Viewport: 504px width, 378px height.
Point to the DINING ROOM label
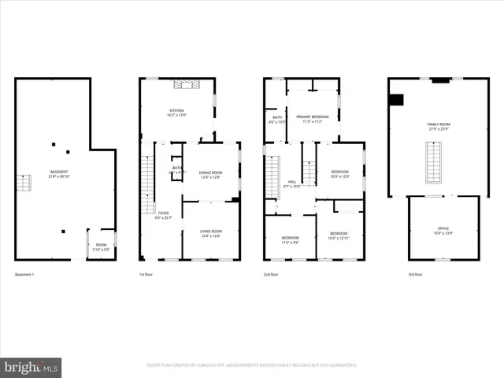pos(210,174)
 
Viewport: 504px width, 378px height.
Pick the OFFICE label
pos(443,230)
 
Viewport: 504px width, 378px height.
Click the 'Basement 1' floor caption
pos(25,274)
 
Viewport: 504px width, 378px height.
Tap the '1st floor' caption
pos(147,274)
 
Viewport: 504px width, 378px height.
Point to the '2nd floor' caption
pos(272,274)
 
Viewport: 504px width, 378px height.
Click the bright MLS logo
pos(31,366)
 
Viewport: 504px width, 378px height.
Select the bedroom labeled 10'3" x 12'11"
pos(339,235)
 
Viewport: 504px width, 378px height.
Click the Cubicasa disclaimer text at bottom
pos(251,365)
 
